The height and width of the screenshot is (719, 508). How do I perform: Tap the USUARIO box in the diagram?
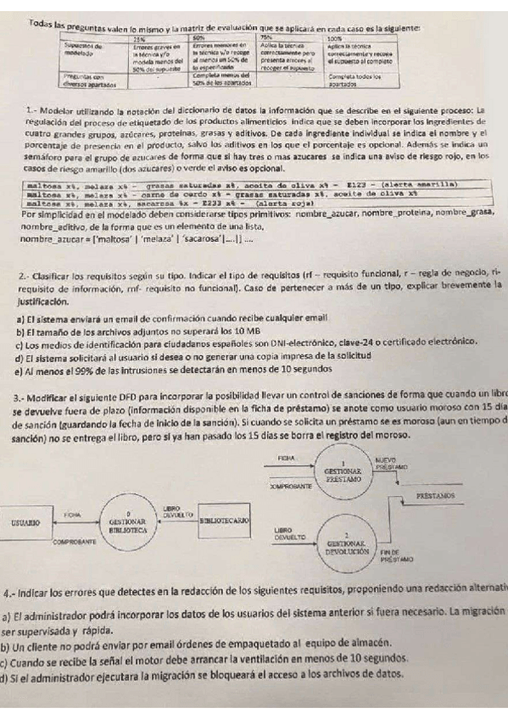[x=25, y=524]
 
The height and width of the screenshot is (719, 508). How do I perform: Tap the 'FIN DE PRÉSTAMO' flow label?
[x=396, y=556]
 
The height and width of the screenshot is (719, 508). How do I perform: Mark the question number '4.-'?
[x=12, y=590]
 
